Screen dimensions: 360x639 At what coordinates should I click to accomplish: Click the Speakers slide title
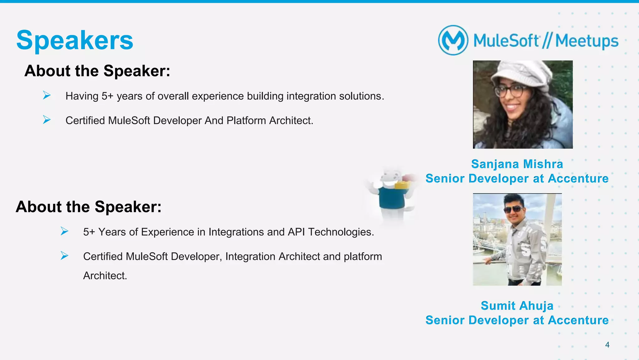[x=75, y=40]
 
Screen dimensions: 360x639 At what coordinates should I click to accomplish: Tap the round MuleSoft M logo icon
[x=453, y=40]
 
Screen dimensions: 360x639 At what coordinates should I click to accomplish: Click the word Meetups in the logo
[x=587, y=41]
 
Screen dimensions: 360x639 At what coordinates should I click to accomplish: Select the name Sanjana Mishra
[x=517, y=164]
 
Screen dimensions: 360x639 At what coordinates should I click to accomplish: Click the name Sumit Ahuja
[x=517, y=306]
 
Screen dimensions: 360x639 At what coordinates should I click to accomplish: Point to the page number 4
[x=607, y=345]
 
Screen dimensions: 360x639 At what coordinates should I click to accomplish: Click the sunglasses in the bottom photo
[x=514, y=209]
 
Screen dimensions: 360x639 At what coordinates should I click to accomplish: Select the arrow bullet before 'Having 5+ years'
[x=47, y=95]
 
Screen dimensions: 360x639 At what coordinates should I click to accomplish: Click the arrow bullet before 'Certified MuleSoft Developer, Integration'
[x=64, y=256]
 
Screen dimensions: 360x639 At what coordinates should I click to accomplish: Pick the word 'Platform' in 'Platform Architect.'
[x=246, y=121]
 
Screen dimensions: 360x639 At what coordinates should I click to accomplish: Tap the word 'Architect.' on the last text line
[x=105, y=276]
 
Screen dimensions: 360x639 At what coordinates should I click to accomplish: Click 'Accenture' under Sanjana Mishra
[x=578, y=179]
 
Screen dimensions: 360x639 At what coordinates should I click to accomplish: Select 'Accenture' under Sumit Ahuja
[x=578, y=320]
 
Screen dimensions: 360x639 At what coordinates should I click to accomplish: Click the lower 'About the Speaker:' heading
[x=89, y=207]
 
